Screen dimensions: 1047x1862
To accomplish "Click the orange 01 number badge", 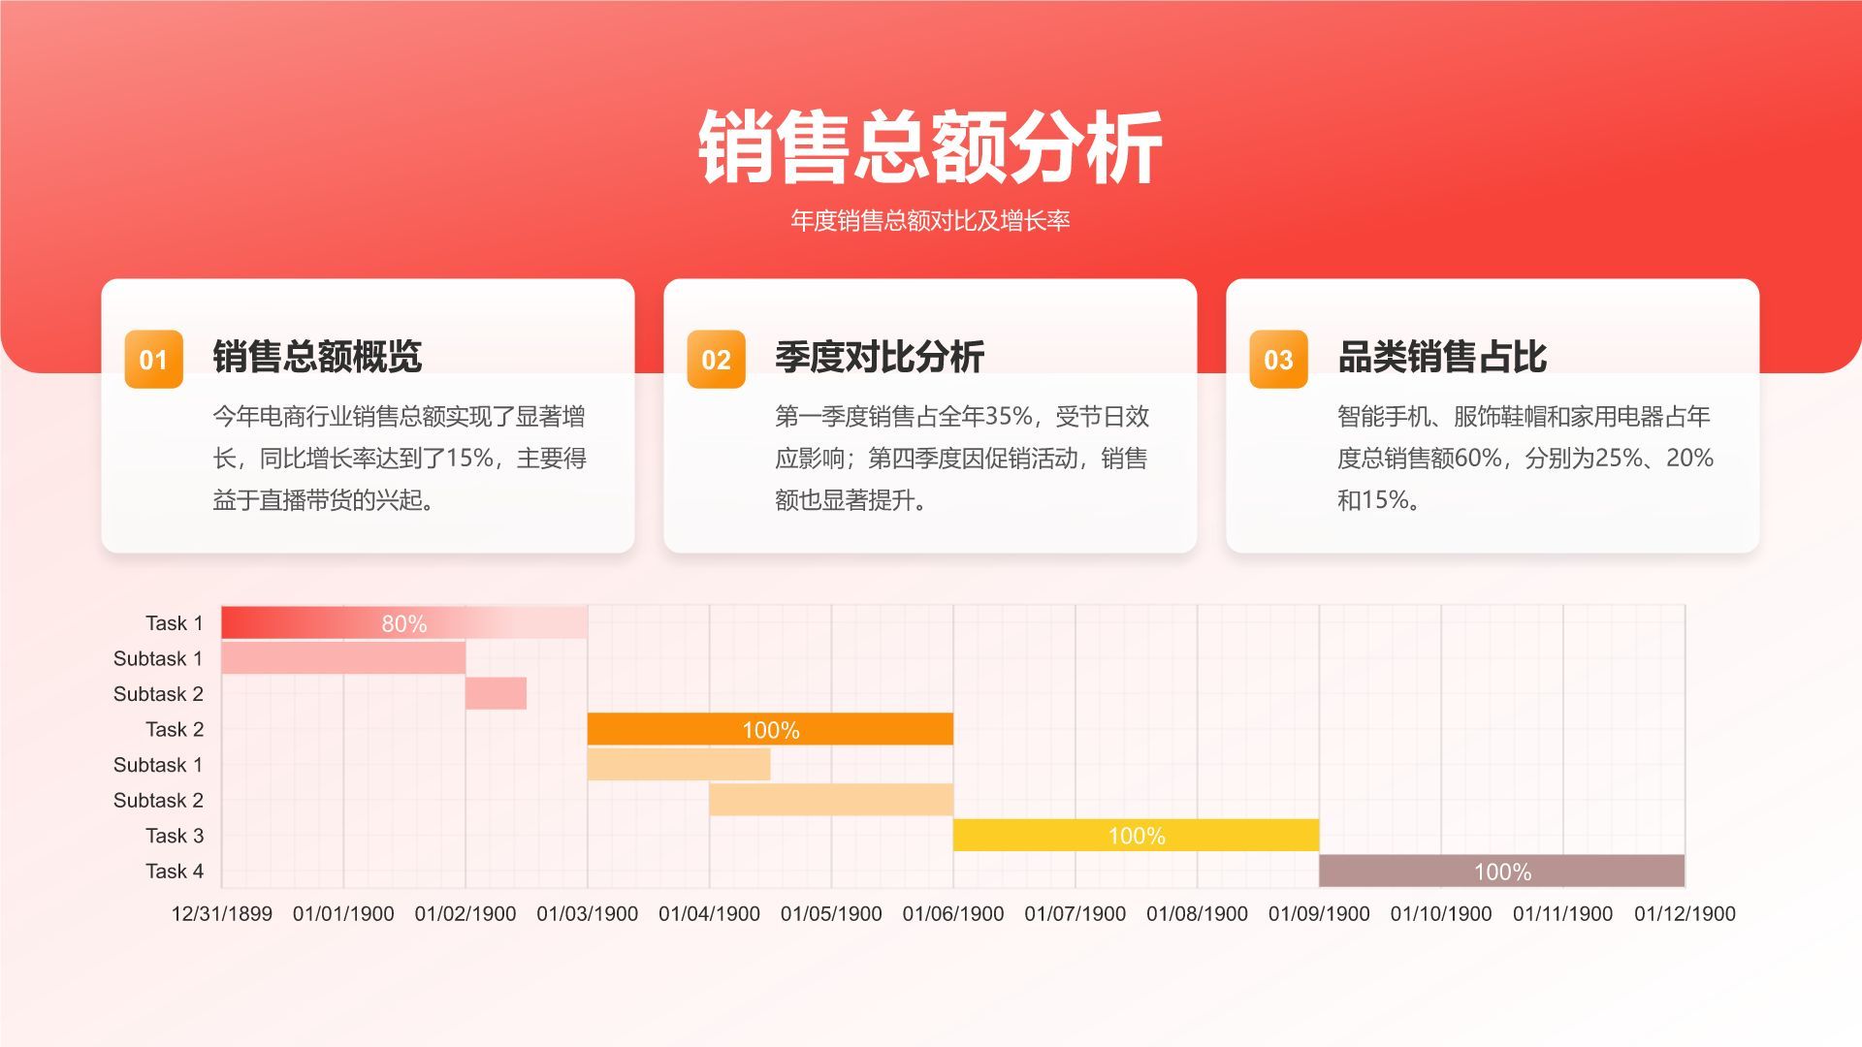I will click(x=153, y=360).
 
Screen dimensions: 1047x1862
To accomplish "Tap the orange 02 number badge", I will click(x=716, y=360).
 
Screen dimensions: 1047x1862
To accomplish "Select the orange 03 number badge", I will click(x=1278, y=360).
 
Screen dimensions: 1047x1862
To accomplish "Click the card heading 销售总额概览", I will click(x=317, y=357).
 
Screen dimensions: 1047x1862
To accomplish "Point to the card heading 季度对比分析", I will click(x=880, y=357).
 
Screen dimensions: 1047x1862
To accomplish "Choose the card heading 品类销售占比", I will click(x=1442, y=357).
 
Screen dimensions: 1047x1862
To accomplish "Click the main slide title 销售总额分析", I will click(x=930, y=147).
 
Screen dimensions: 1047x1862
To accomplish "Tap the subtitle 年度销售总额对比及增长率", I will click(x=930, y=221).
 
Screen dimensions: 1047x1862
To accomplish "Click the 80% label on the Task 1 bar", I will click(x=404, y=623).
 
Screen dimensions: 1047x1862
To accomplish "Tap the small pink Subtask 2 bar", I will click(x=496, y=693).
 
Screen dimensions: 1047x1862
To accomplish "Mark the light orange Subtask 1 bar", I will click(x=679, y=764).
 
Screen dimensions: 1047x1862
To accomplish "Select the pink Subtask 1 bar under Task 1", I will click(x=343, y=658).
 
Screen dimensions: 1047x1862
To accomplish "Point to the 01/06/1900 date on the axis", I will click(x=952, y=913).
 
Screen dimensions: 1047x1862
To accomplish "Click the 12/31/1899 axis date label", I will click(x=222, y=913).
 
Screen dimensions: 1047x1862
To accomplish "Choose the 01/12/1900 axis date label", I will click(x=1685, y=913).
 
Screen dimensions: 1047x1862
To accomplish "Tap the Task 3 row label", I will click(x=175, y=836).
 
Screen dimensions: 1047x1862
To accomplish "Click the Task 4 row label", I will click(x=175, y=871).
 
